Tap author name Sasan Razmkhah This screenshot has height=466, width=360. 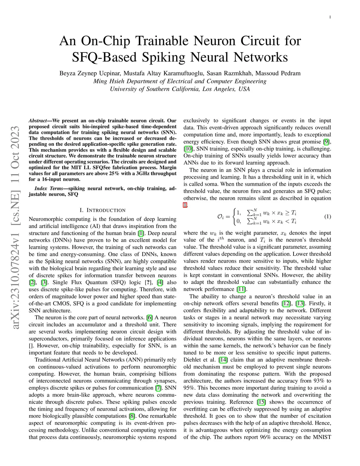tap(229, 74)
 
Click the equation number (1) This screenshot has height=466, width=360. tap(327, 217)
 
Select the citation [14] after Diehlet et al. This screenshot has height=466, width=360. tap(223, 360)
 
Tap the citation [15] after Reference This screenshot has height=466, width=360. tap(261, 402)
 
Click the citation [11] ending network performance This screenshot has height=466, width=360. tap(241, 289)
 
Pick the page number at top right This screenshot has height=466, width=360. tap(330, 17)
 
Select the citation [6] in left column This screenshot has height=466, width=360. tap(150, 318)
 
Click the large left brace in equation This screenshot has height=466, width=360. tap(234, 217)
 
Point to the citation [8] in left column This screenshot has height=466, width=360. tap(132, 416)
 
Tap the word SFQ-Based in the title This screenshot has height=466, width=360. tap(104, 57)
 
